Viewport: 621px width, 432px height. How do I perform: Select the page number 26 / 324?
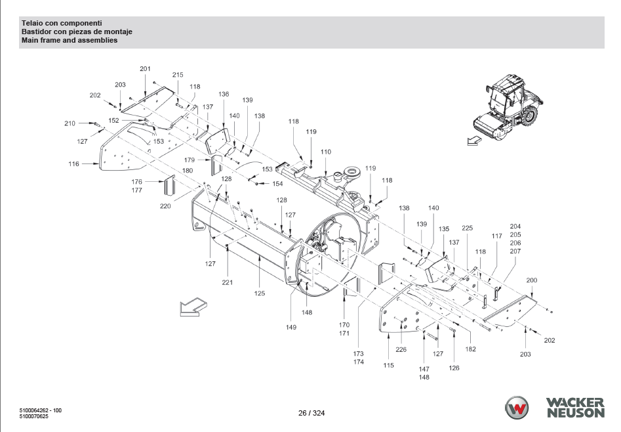311,413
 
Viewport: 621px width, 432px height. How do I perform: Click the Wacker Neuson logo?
554,407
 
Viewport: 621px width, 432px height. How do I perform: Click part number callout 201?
145,69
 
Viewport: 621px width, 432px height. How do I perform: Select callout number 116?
74,164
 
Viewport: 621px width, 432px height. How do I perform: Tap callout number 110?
325,152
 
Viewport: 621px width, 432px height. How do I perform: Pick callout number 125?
260,293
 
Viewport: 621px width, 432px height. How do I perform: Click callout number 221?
227,282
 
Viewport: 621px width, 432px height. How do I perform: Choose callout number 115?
389,365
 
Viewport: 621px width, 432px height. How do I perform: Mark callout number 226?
401,349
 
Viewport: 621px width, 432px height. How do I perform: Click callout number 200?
532,280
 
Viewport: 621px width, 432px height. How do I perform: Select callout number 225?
467,228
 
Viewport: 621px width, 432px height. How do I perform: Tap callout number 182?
471,349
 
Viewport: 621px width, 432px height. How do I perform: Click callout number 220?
165,206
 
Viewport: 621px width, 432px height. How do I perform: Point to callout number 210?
70,123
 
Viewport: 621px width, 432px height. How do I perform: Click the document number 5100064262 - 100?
41,410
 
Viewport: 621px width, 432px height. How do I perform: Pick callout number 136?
224,95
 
